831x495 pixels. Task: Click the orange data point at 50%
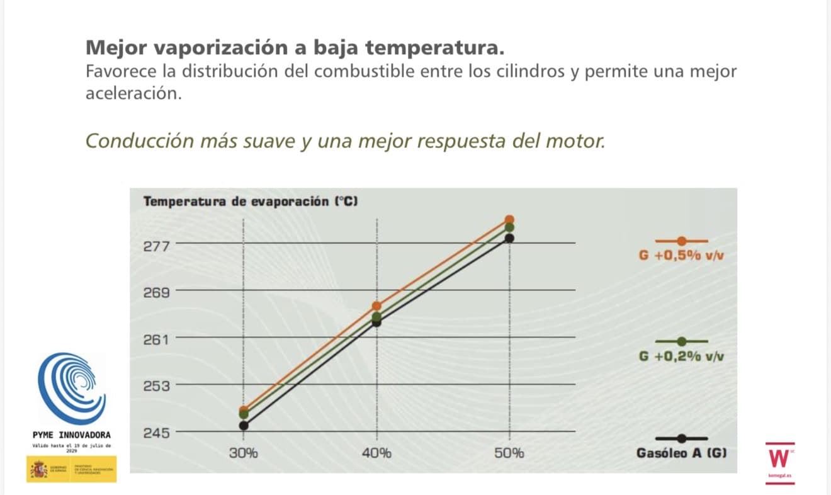[x=510, y=219]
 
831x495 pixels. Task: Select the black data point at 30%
[x=244, y=425]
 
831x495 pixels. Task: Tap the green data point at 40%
[x=376, y=317]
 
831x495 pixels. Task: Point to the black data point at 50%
[x=510, y=237]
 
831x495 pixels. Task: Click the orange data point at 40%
[x=376, y=305]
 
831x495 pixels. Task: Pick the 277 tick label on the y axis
[x=156, y=246]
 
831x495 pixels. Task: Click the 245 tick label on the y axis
[x=156, y=433]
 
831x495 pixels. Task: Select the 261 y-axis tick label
[x=156, y=340]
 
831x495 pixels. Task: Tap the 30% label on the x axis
[x=244, y=453]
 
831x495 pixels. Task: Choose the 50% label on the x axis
[x=509, y=453]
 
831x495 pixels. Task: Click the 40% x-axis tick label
[x=376, y=453]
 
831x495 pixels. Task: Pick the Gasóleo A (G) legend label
[x=682, y=453]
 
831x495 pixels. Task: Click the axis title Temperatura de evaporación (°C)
[x=251, y=202]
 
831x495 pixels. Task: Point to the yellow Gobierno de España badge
[x=71, y=470]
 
